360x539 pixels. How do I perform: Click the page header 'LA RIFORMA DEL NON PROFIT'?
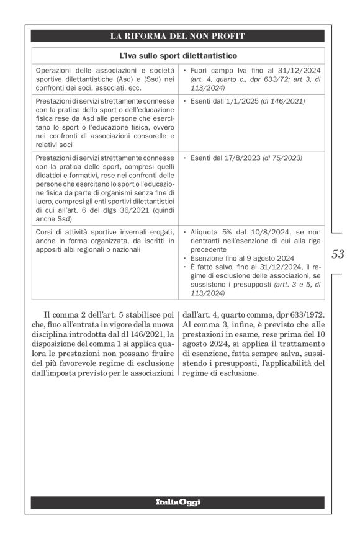177,36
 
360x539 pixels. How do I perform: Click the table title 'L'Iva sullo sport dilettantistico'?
177,56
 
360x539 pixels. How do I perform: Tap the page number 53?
338,254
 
